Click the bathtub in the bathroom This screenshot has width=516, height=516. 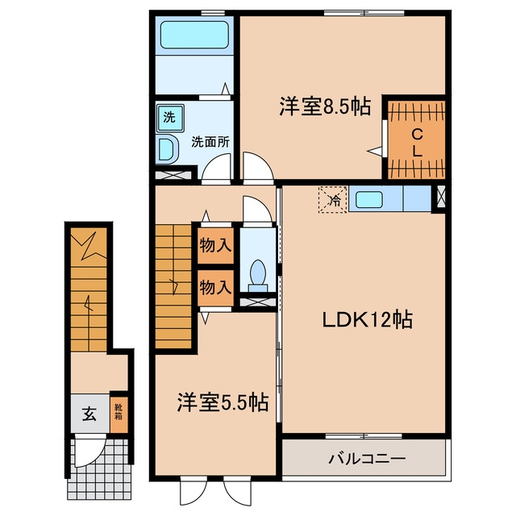(194, 35)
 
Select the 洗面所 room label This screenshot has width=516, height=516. (210, 142)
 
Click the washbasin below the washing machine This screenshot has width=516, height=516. (167, 149)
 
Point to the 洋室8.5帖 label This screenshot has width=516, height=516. (325, 106)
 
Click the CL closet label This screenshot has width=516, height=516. (417, 143)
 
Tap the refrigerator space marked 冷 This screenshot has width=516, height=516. (333, 200)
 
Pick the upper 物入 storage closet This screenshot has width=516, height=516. (215, 245)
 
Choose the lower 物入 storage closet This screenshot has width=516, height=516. (215, 288)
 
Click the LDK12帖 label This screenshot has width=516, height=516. (368, 319)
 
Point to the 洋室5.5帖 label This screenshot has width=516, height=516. (223, 402)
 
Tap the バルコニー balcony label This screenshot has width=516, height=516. (367, 458)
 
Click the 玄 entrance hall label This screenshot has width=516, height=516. (89, 414)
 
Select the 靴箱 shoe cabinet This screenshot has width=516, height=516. (119, 412)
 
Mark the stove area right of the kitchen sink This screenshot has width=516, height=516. (417, 198)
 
